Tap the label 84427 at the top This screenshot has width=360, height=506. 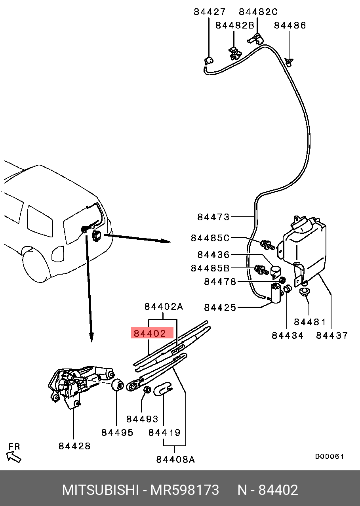pos(210,12)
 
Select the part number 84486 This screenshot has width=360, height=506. pos(290,25)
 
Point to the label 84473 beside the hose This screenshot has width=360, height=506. pos(213,217)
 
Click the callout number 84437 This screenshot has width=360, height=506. pos(332,335)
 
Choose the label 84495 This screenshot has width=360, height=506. pos(117,432)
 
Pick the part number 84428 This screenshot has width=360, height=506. pos(74,446)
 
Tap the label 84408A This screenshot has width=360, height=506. pos(175,459)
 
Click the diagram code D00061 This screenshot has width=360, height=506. pos(330,456)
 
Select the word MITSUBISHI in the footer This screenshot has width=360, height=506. pos(100,490)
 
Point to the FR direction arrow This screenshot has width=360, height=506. pos(14,457)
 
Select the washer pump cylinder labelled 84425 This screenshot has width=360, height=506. pos(274,293)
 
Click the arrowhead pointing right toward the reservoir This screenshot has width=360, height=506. pos(166,241)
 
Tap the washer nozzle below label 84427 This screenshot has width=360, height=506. pos(208,61)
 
